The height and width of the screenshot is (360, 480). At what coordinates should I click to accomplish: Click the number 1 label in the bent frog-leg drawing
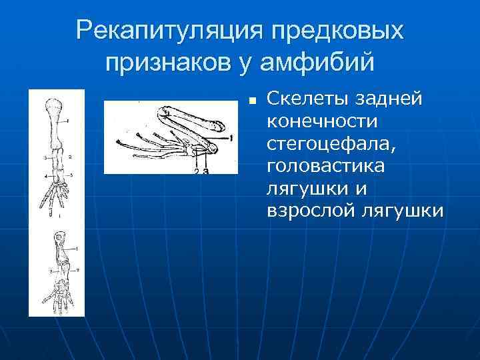(230, 137)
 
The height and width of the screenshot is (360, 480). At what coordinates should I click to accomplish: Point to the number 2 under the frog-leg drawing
(196, 171)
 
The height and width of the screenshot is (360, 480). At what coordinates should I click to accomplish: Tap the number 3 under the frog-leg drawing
(206, 171)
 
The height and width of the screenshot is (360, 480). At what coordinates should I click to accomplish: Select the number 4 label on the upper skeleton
(45, 177)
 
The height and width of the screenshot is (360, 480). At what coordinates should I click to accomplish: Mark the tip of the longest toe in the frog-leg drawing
(119, 141)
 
